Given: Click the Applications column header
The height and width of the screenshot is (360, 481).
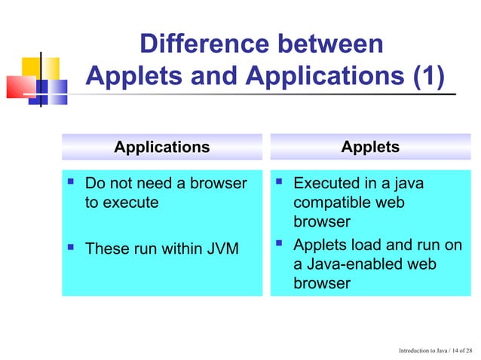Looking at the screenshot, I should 161,147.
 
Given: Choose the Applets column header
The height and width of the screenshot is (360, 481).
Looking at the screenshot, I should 370,147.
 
